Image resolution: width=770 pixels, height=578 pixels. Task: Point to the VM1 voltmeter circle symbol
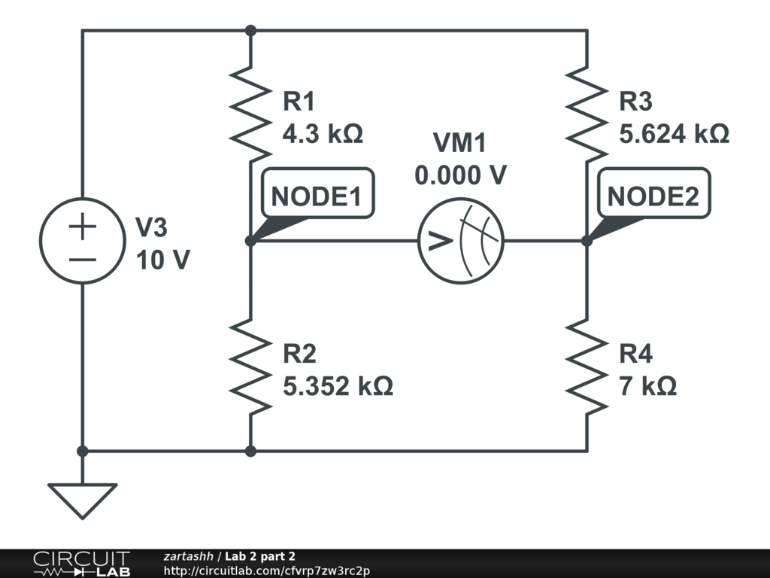(x=460, y=241)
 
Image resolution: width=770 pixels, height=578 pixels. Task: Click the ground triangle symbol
(x=83, y=500)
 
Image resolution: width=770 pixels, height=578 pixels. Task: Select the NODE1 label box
(x=317, y=196)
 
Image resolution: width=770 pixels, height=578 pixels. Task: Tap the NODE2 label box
(x=653, y=196)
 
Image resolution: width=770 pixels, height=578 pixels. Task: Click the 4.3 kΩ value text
(x=323, y=134)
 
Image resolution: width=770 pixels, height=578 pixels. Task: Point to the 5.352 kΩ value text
(x=338, y=387)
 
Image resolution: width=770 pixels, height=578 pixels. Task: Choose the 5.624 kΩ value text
(x=674, y=134)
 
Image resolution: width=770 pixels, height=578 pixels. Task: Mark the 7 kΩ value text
(x=647, y=387)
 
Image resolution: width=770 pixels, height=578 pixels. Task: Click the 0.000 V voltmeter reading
(x=460, y=175)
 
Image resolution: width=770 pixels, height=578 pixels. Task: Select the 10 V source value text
(x=162, y=260)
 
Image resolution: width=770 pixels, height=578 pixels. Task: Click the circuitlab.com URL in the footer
(x=266, y=570)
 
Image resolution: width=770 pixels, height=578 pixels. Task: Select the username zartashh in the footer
(x=189, y=556)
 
